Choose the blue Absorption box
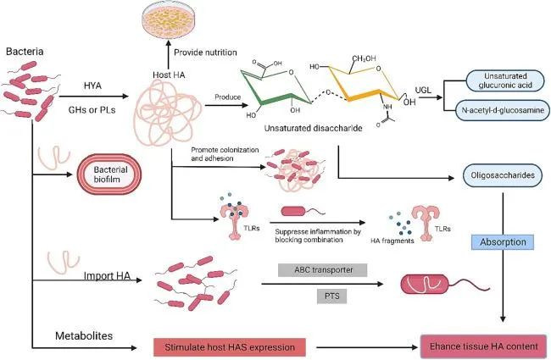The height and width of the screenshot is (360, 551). tap(504, 241)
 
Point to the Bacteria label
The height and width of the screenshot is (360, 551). tap(25, 53)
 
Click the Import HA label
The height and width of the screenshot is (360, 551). tap(107, 274)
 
